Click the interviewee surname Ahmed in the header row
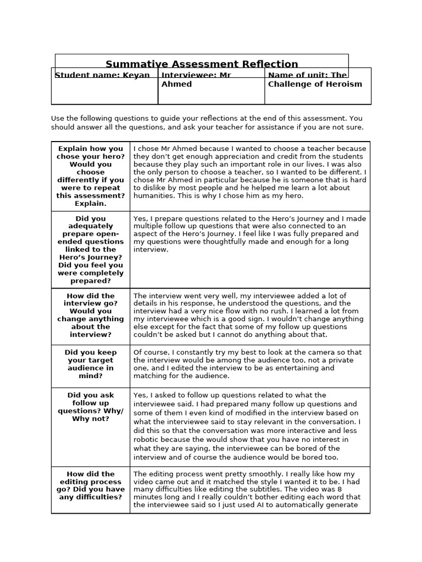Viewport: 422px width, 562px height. (176, 84)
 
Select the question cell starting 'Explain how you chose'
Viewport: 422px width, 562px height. (91, 176)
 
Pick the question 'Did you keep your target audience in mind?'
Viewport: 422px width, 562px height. (91, 364)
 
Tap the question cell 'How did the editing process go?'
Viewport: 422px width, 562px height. (91, 485)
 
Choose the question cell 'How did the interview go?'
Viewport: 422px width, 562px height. (91, 315)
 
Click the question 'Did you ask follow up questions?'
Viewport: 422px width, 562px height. (91, 407)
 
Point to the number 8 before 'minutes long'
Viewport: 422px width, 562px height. (340, 490)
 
